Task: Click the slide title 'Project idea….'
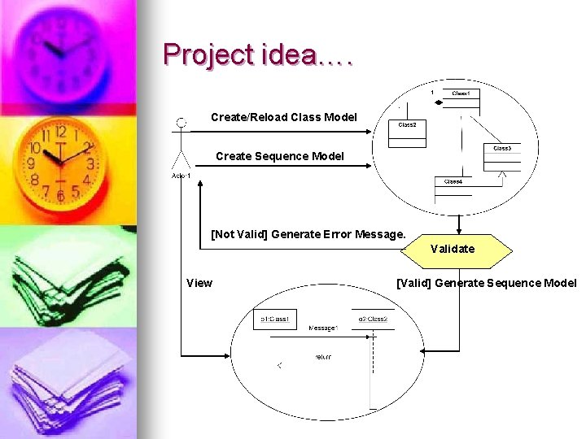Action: [x=257, y=54]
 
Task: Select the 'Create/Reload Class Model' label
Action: [x=283, y=117]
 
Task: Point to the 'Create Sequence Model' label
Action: [x=279, y=156]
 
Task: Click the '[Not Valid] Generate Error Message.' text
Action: [x=308, y=234]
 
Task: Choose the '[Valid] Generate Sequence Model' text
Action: [x=486, y=283]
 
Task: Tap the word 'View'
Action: [x=199, y=283]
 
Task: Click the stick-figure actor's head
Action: [x=181, y=124]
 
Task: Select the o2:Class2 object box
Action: [x=373, y=319]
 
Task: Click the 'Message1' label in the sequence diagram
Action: [x=323, y=328]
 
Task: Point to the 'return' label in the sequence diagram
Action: [x=323, y=357]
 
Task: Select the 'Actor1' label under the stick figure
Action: [x=181, y=176]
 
